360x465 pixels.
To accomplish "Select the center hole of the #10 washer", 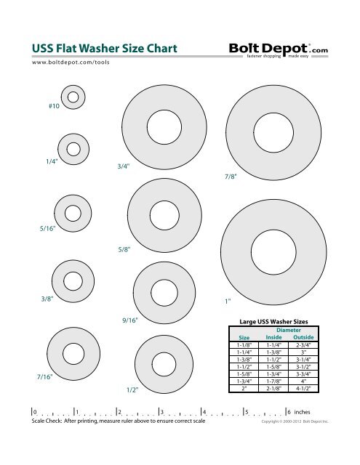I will [x=72, y=94].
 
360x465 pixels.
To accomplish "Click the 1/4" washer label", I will [x=51, y=162].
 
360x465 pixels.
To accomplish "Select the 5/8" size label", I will [x=124, y=248].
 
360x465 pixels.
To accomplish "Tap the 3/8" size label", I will [x=49, y=298].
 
